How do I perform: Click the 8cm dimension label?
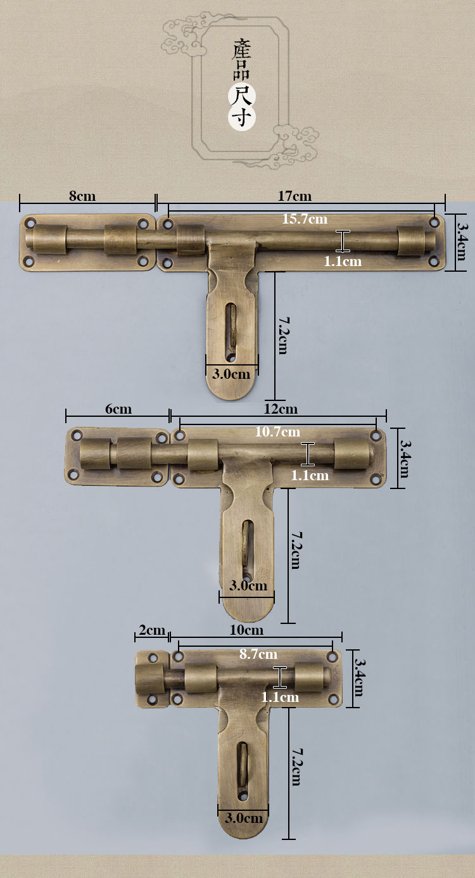(82, 196)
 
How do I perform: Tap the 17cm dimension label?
(294, 196)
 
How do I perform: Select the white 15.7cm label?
(305, 219)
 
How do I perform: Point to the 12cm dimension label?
(281, 409)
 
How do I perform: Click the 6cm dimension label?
(118, 409)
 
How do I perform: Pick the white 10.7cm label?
(277, 432)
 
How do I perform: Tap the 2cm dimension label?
(152, 630)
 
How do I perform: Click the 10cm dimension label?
(246, 630)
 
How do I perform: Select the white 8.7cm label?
(258, 654)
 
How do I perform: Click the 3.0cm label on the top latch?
(231, 374)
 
